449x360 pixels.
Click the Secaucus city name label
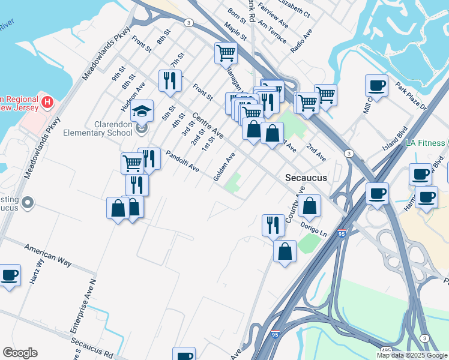tap(306, 178)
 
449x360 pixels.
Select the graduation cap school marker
tap(142, 112)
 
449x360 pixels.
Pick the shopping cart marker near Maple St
tap(226, 53)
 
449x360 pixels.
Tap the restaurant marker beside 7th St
tap(170, 81)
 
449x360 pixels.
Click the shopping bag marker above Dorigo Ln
tap(309, 206)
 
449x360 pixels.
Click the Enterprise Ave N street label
tap(83, 306)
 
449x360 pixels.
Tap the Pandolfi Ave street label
tap(182, 161)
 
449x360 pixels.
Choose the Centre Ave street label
tap(207, 125)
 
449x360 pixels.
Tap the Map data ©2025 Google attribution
tap(411, 355)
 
